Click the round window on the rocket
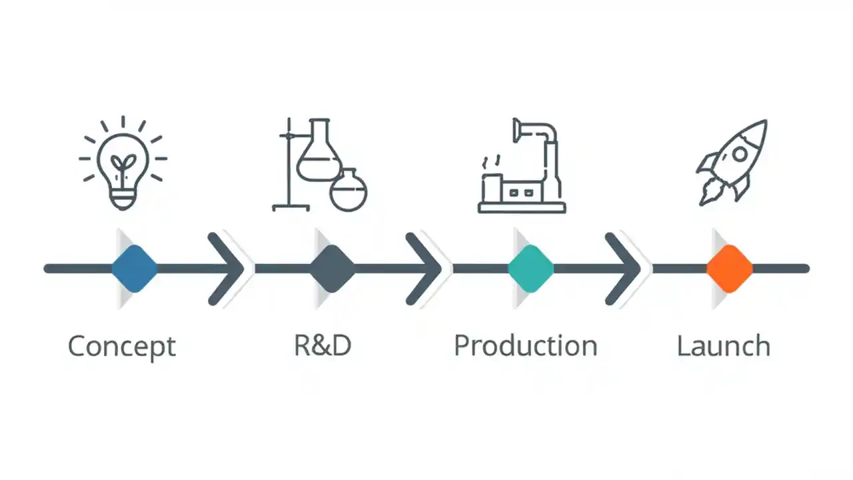(x=740, y=154)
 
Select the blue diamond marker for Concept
(x=135, y=269)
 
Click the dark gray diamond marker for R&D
(x=333, y=269)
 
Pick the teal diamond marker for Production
(x=530, y=269)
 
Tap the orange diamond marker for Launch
(x=729, y=269)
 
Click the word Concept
(x=122, y=347)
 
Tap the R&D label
(x=323, y=345)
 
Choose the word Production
(x=525, y=346)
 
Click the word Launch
(x=724, y=346)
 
